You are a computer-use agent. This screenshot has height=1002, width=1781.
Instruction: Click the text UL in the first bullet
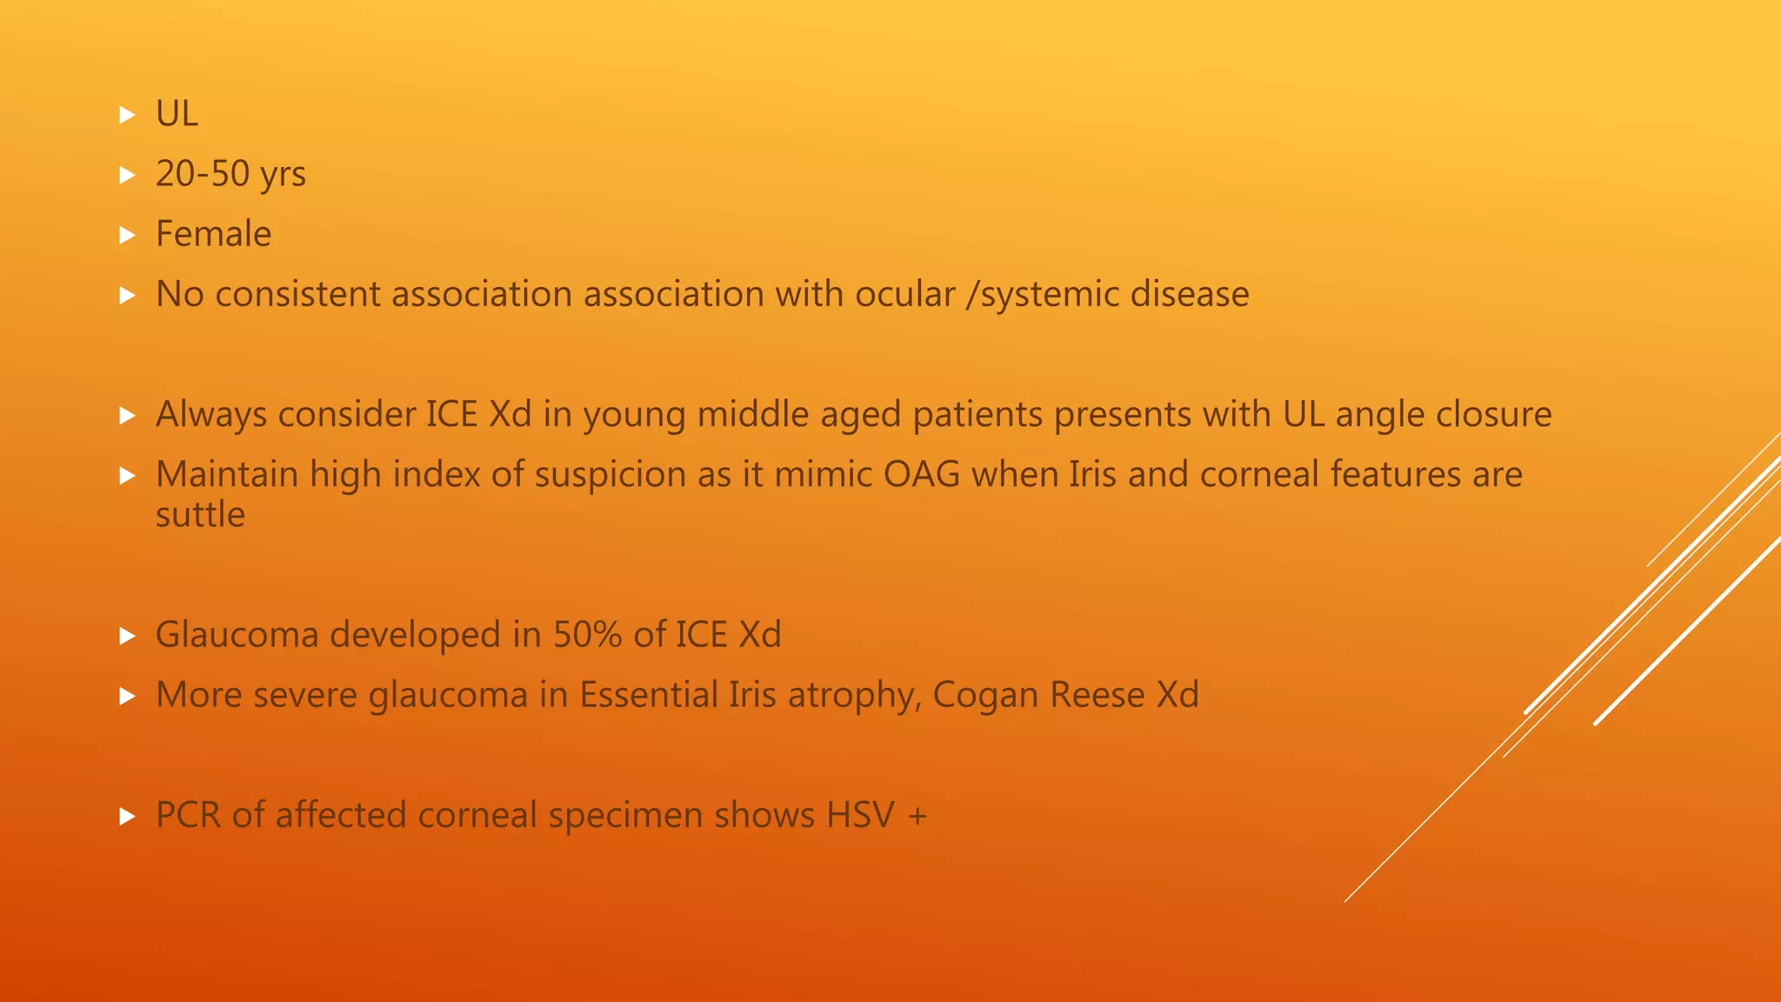click(177, 114)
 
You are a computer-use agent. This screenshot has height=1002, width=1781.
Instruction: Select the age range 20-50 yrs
click(230, 174)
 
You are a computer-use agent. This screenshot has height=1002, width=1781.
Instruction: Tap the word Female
click(213, 234)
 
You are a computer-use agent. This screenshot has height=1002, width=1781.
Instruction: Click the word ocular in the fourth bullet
click(904, 294)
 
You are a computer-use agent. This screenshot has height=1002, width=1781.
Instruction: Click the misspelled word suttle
click(200, 514)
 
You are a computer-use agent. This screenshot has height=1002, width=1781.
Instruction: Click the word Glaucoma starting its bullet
click(241, 634)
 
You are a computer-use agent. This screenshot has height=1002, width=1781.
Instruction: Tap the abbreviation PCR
click(188, 815)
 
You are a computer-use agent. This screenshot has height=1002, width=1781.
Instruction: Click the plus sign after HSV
click(917, 816)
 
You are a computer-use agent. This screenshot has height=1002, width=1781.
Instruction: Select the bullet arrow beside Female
click(128, 235)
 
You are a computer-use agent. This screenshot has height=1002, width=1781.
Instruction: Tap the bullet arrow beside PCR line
click(128, 816)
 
